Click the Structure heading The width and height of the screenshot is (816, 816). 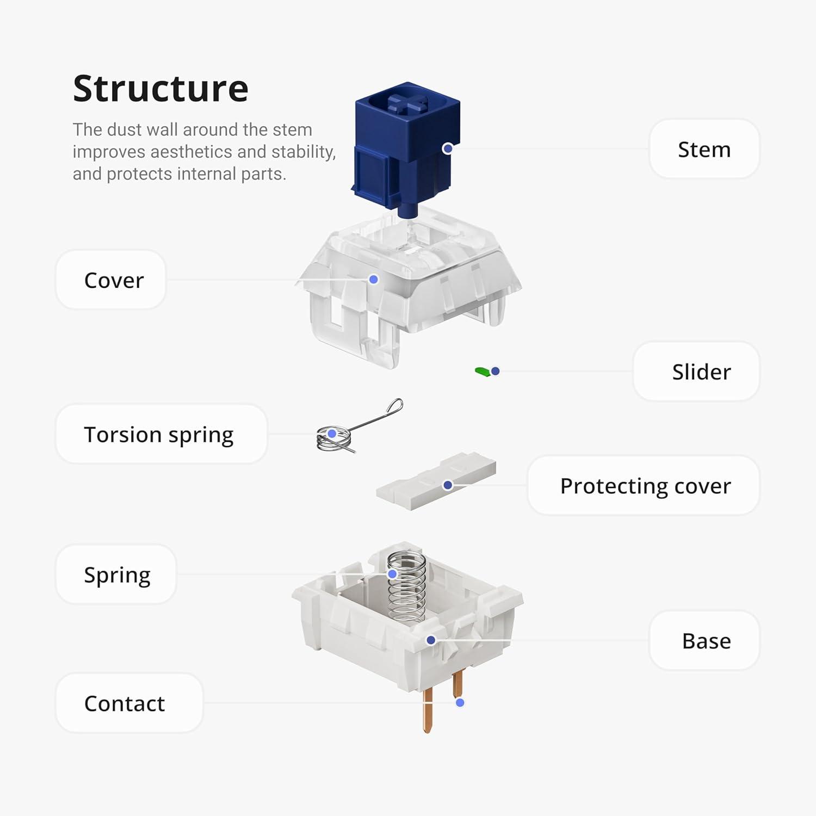[x=160, y=89]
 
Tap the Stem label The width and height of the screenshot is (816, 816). [x=704, y=149]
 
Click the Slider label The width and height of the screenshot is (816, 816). [x=701, y=372]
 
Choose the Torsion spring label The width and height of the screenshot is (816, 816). [x=159, y=435]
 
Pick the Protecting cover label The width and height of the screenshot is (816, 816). [x=645, y=486]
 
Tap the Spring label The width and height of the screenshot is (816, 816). [x=117, y=575]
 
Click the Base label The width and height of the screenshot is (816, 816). [x=706, y=641]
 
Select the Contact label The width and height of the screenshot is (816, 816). [x=125, y=703]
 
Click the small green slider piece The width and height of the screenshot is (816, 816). [x=482, y=372]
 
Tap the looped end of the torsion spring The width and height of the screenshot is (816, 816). [x=395, y=406]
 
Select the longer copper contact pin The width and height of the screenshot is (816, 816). [x=428, y=710]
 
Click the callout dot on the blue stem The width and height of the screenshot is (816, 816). [x=447, y=149]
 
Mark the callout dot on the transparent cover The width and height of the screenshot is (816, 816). [x=373, y=279]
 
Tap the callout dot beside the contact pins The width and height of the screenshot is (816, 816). [x=460, y=703]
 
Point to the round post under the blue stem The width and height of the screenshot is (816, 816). [x=407, y=211]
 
